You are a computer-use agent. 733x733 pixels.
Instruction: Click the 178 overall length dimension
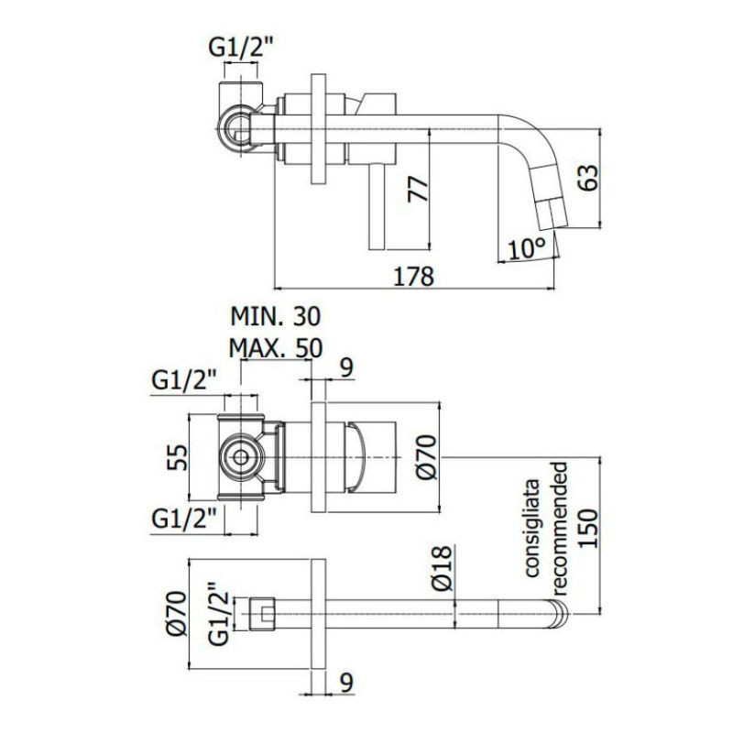(x=414, y=277)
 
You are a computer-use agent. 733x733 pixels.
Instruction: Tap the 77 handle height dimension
(x=418, y=189)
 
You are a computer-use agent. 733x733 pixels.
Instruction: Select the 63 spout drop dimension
(x=588, y=177)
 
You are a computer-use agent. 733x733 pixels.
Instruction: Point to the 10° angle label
(x=527, y=248)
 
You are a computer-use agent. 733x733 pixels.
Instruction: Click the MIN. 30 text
(x=276, y=316)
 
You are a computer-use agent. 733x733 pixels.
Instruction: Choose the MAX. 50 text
(x=276, y=348)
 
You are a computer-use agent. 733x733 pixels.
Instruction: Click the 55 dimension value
(x=177, y=457)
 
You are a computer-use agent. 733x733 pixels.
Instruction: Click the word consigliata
(x=531, y=528)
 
